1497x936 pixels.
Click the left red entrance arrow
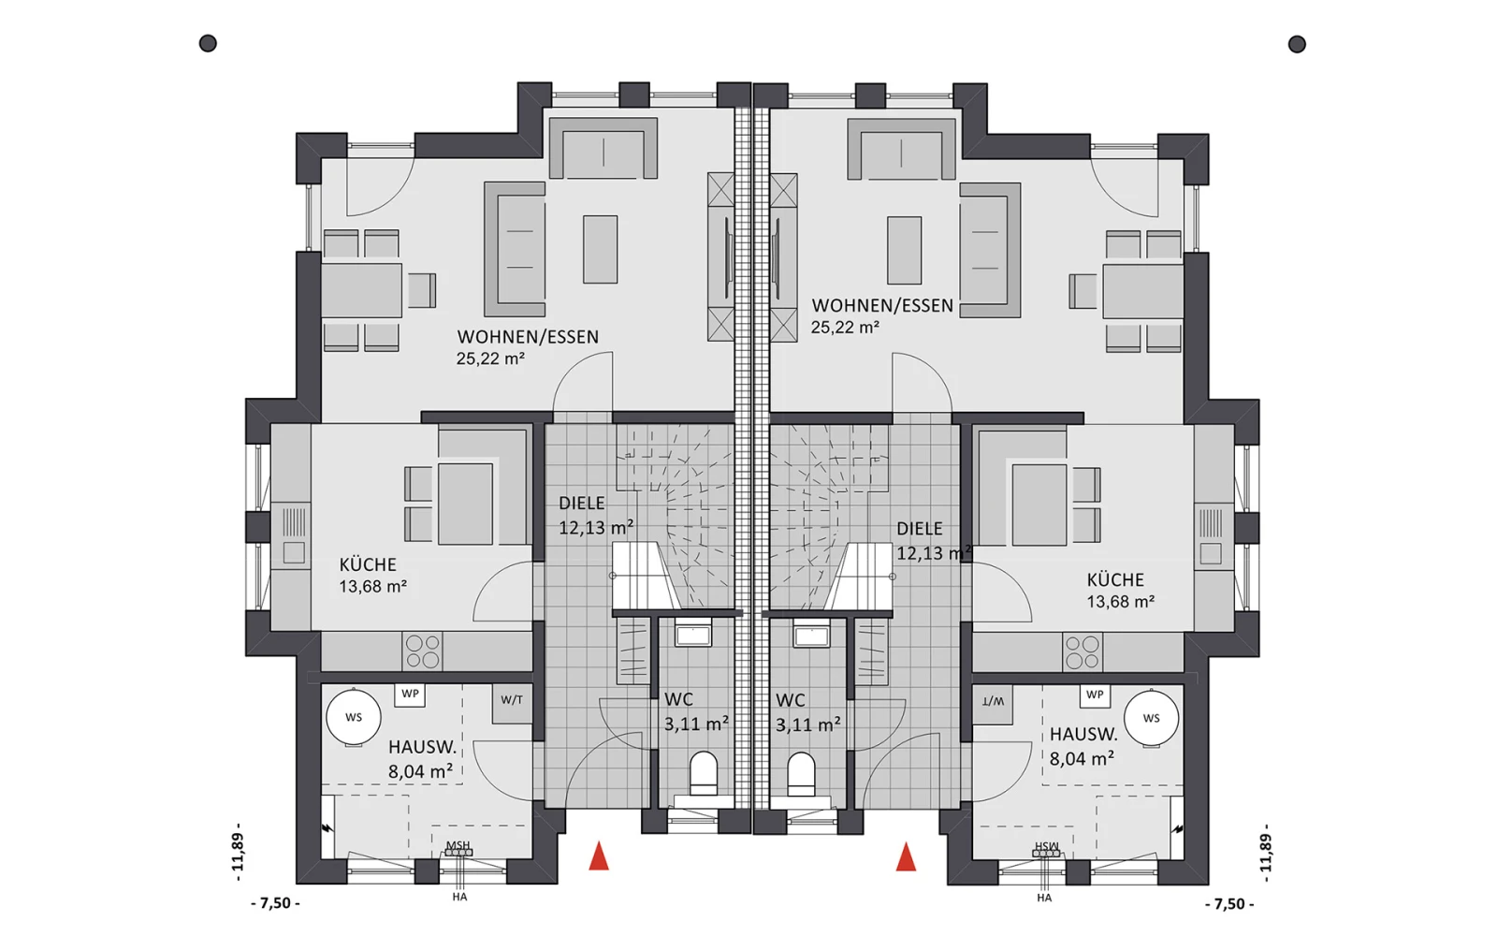[599, 856]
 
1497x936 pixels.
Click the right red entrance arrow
[907, 857]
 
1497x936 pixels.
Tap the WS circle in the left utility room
[354, 717]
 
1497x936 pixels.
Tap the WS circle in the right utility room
[1151, 718]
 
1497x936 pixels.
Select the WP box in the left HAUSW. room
[410, 695]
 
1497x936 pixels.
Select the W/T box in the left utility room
[512, 703]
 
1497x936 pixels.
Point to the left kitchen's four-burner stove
[422, 651]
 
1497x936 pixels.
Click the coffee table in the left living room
[600, 249]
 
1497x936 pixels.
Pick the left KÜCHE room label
[368, 565]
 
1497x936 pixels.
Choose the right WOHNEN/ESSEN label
[882, 305]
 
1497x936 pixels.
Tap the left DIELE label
[581, 504]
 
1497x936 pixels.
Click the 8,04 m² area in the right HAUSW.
[1082, 759]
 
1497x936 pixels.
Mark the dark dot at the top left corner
[208, 43]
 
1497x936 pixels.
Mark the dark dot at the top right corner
[1297, 44]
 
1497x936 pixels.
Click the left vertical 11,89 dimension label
[238, 853]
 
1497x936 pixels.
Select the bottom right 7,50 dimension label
[1229, 904]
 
